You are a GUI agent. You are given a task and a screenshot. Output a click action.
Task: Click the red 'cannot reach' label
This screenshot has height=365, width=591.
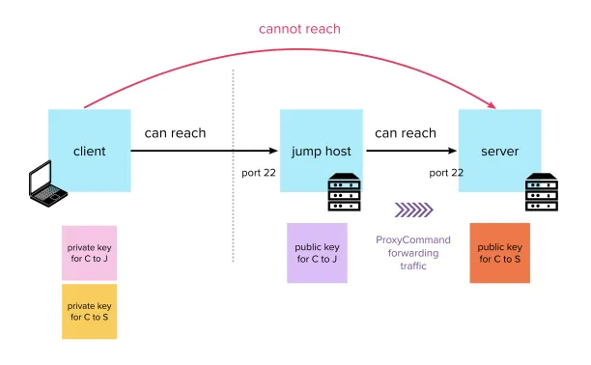[299, 29]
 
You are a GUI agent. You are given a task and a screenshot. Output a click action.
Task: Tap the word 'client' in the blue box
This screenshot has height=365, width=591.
[90, 152]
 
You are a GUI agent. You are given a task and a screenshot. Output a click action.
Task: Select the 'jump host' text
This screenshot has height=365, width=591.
[322, 152]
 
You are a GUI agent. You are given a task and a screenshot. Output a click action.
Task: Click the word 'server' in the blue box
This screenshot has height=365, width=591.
[500, 152]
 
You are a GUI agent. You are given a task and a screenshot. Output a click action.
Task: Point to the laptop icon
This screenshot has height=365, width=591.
[48, 184]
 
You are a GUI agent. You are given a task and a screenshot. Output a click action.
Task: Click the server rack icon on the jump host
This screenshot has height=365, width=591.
[344, 192]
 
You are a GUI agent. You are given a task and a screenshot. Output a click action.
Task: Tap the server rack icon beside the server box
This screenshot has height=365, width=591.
[542, 192]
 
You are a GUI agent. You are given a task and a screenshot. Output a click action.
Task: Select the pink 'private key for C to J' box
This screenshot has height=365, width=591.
[90, 253]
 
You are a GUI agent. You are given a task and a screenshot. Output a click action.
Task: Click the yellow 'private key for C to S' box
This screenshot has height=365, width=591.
[90, 312]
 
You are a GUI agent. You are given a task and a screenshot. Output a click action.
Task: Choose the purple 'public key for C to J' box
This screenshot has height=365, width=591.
[317, 253]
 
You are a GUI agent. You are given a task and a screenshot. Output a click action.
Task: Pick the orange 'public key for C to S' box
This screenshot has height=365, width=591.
[500, 253]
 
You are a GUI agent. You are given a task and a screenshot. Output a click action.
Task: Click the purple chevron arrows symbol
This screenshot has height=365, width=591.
[414, 211]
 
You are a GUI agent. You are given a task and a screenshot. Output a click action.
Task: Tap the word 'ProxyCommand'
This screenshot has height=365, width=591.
[413, 240]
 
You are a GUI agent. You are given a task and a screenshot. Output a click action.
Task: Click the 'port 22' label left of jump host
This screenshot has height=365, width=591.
[259, 173]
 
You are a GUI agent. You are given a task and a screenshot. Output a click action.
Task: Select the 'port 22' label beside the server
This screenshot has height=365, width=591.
[446, 173]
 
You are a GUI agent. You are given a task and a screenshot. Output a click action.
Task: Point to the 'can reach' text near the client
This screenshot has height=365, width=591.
[175, 133]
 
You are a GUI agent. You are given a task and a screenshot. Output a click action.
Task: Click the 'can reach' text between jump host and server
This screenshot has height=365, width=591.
[406, 133]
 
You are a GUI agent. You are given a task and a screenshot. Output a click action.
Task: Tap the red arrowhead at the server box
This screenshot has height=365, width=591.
[492, 105]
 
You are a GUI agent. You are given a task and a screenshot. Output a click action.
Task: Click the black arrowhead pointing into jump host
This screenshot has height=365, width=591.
[273, 151]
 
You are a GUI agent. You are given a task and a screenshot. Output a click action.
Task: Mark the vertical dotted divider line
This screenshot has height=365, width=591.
[234, 165]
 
